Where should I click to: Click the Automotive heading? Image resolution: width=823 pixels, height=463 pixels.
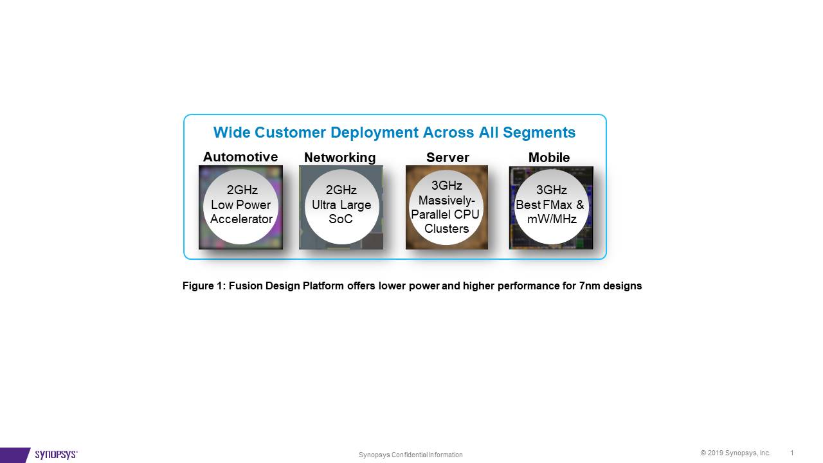tap(240, 157)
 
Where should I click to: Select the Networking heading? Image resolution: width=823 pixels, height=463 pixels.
tap(340, 158)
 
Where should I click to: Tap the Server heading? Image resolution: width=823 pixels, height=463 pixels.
tap(448, 158)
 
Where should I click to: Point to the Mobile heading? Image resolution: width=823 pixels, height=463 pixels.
tap(549, 158)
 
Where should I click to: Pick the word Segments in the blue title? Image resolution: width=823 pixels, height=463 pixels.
tap(539, 132)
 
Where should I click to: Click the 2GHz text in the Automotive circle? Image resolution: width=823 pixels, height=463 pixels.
tap(242, 190)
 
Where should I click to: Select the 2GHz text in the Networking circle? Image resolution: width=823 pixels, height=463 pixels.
tap(341, 190)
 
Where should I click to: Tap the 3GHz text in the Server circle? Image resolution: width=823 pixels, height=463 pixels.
tap(447, 186)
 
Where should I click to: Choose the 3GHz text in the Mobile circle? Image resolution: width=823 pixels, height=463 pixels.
tap(552, 190)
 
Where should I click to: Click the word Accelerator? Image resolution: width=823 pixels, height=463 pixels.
tap(241, 219)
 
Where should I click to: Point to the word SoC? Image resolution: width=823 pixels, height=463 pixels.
tap(341, 219)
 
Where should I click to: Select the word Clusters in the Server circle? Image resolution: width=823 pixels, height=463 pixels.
tap(446, 228)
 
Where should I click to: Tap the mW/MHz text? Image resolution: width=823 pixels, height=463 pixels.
tap(552, 219)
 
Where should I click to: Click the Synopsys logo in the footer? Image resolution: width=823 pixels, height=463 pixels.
tap(56, 455)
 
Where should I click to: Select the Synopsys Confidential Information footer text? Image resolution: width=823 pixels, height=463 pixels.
tap(410, 455)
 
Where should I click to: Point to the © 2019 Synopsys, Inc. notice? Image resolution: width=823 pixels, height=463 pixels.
tap(735, 453)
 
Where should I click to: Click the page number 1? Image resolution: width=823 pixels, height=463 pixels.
tap(791, 453)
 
